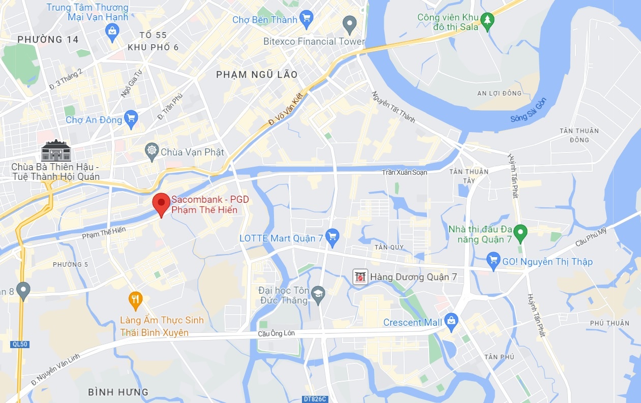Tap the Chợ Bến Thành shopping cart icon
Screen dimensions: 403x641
306,19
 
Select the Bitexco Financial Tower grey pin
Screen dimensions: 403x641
349,23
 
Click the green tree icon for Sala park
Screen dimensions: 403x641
487,21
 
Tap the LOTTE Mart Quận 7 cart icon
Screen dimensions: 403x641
332,236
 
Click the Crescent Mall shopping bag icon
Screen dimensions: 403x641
450,320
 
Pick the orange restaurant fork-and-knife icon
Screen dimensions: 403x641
135,300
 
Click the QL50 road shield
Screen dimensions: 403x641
20,345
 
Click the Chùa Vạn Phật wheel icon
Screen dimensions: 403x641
151,151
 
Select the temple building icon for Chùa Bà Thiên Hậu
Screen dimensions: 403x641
56,150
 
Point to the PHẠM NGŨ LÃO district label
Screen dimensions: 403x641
257,75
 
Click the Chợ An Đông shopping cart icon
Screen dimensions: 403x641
131,119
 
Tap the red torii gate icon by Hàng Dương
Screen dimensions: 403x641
360,277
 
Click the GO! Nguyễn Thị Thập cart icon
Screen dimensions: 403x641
493,261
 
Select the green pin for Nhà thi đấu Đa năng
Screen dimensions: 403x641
520,233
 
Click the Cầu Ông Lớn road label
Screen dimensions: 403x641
276,333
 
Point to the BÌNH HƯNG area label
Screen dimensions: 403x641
118,392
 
